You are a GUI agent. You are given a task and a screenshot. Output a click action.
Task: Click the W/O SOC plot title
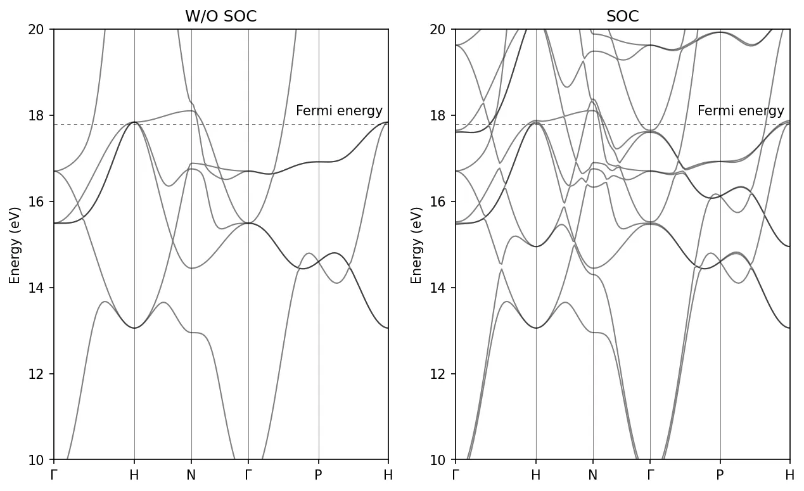point(220,17)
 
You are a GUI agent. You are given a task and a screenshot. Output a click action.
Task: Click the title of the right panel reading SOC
point(622,17)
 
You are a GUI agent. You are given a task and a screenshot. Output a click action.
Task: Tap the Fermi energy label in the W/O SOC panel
point(339,112)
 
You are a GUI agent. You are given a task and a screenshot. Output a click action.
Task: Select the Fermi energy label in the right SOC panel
point(741,112)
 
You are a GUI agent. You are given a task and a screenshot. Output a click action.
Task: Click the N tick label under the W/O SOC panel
point(191,475)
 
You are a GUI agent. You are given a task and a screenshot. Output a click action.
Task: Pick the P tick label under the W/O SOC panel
point(319,475)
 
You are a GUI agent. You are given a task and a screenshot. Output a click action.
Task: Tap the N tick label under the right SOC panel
point(593,475)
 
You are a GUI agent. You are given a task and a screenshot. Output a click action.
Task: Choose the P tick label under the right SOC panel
point(720,475)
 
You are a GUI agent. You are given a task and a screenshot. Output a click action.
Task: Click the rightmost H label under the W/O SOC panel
point(388,475)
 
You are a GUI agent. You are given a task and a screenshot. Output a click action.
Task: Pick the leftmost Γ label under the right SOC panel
point(456,475)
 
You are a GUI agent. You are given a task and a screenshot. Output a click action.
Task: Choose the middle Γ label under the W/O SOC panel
point(248,475)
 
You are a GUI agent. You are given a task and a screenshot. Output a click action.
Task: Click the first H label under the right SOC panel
point(536,475)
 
